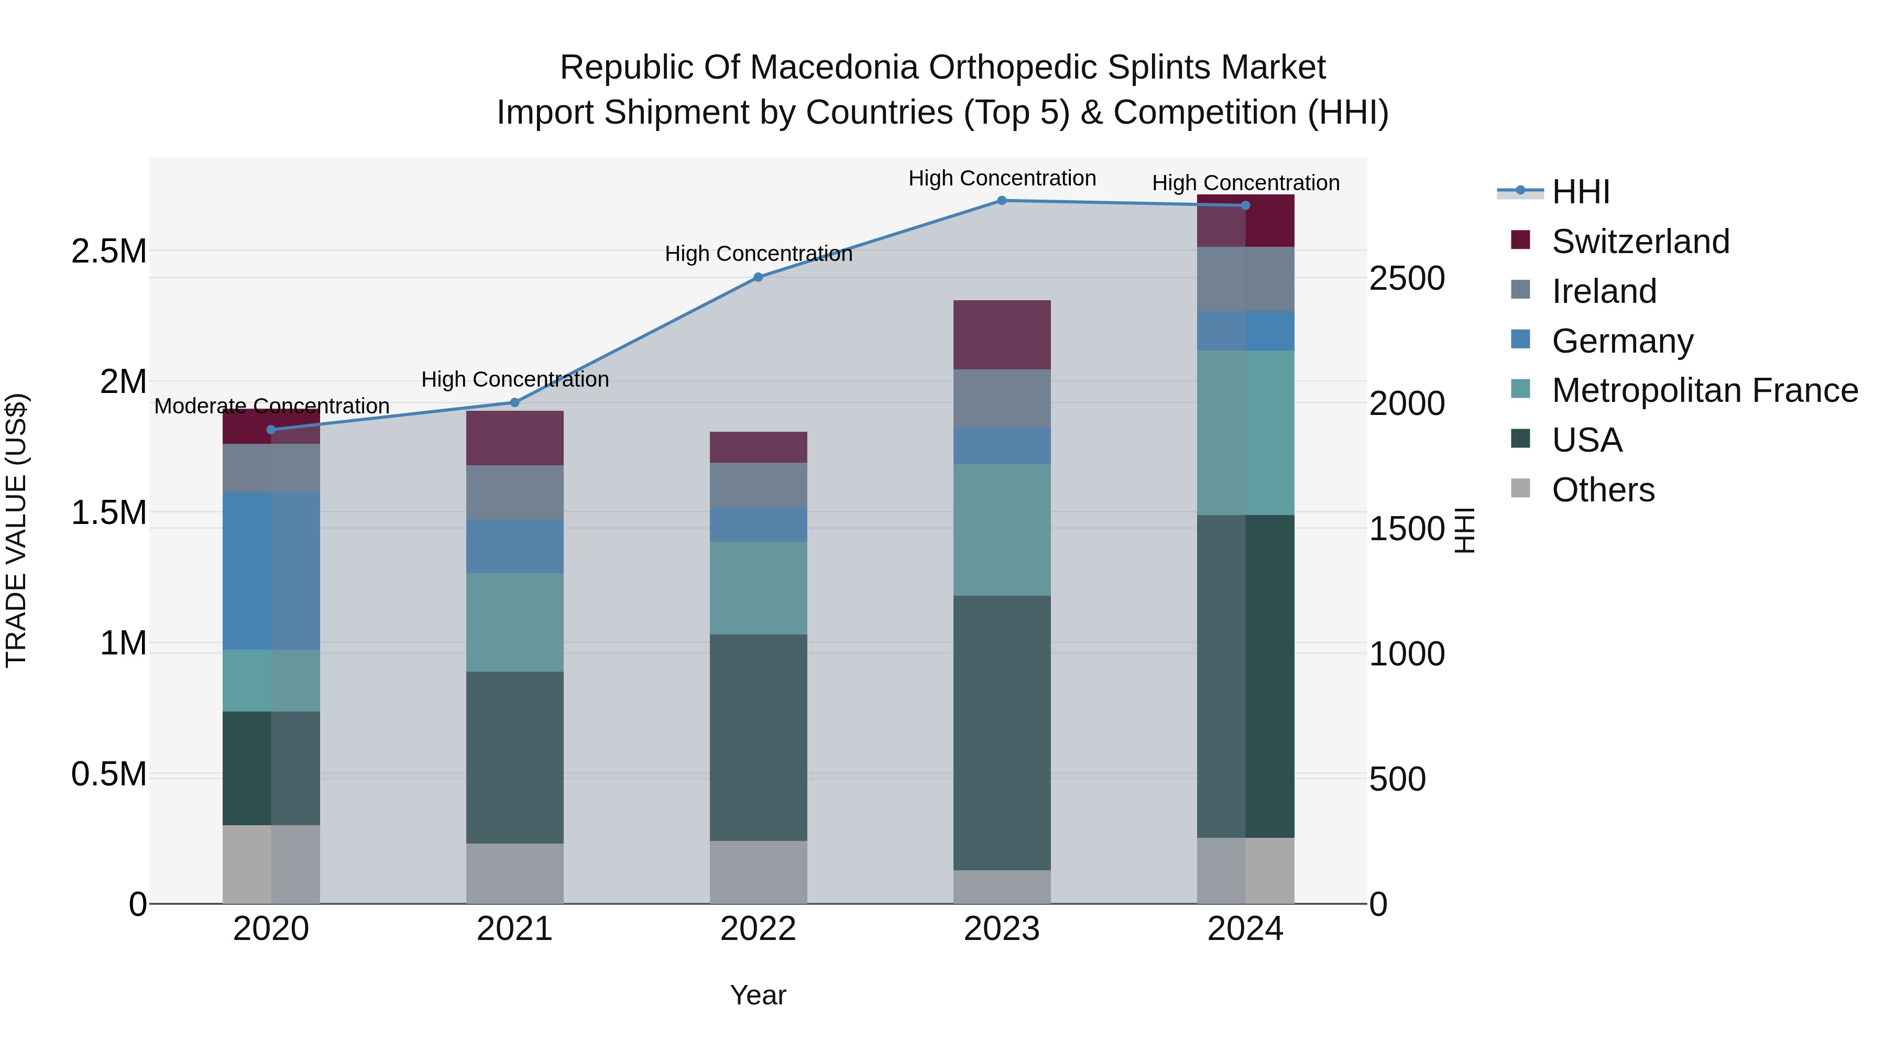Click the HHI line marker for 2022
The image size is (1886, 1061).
tap(759, 278)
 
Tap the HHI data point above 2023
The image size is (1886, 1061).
tap(1002, 201)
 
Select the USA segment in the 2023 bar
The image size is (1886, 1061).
tap(1002, 732)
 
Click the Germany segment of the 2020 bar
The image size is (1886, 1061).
tap(271, 571)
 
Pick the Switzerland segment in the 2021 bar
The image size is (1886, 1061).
tap(514, 438)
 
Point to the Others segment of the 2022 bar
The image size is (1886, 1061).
tap(759, 872)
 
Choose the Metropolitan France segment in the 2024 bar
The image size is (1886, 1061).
tap(1245, 433)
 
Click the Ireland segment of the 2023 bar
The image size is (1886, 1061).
tap(1002, 398)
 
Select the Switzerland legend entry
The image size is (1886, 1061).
tap(1640, 242)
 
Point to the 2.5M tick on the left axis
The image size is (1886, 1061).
tap(108, 251)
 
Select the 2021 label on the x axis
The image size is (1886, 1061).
tap(514, 929)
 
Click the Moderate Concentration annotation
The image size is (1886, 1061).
tap(271, 406)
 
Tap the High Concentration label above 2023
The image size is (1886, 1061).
tap(1002, 178)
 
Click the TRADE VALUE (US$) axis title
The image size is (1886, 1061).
tap(16, 530)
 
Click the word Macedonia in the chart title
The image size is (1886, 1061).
tap(832, 68)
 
